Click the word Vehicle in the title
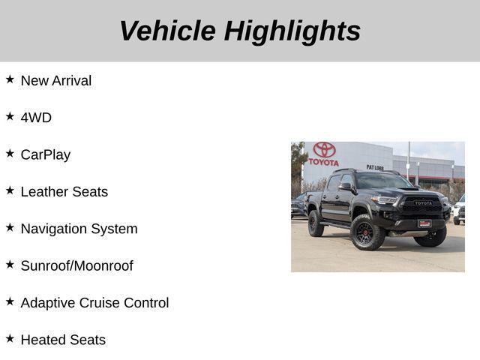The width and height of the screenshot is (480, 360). (x=167, y=31)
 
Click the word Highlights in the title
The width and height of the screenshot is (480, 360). (x=292, y=31)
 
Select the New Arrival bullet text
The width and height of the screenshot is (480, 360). (x=56, y=80)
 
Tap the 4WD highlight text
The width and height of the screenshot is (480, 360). (x=36, y=118)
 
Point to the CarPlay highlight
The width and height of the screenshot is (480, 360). (x=46, y=154)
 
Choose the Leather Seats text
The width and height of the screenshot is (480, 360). (x=64, y=191)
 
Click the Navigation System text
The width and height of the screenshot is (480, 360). (x=79, y=229)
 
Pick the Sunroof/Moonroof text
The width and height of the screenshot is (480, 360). (x=76, y=265)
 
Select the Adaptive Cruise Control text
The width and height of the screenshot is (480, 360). (x=94, y=303)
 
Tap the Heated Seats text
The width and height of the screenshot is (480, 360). (x=63, y=340)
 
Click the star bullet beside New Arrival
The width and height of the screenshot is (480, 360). (x=10, y=79)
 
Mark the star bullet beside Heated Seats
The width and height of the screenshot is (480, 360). (x=10, y=338)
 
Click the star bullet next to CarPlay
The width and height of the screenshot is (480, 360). (x=10, y=153)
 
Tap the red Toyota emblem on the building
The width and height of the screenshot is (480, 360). (x=324, y=150)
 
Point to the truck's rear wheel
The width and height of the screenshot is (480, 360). (x=316, y=223)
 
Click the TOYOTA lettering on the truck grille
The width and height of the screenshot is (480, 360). (x=423, y=202)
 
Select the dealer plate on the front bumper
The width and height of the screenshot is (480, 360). (x=424, y=223)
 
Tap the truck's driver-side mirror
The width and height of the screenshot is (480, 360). (x=345, y=187)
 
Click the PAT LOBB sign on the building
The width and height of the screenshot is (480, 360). (x=375, y=167)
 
